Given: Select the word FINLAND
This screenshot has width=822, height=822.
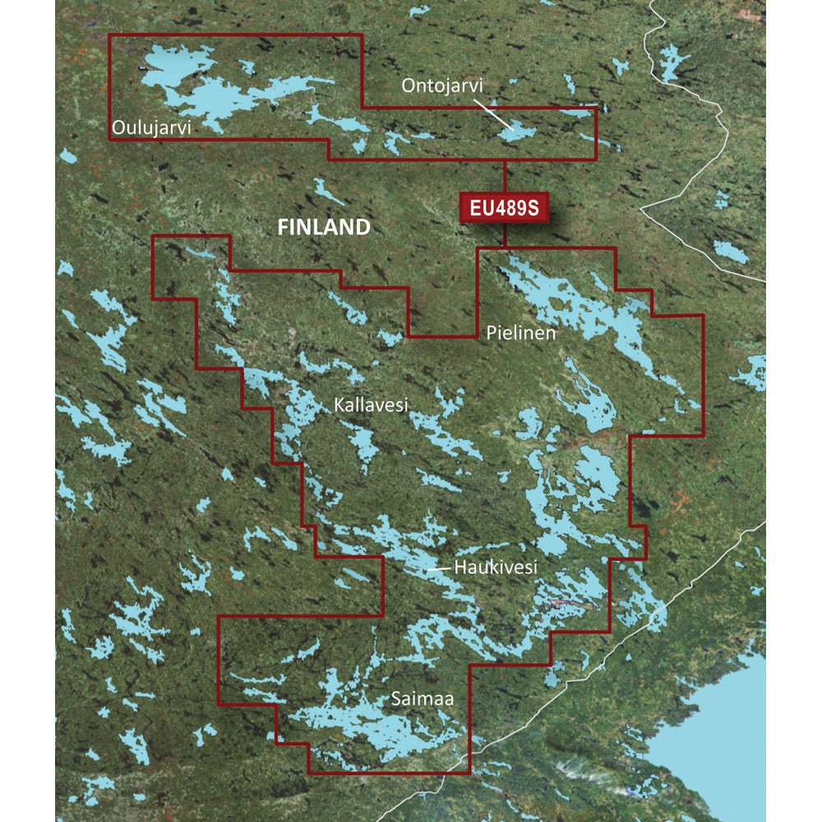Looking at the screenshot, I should tap(324, 228).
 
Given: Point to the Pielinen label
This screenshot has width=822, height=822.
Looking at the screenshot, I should tap(521, 334).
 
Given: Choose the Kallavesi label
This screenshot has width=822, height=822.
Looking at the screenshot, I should tap(371, 404).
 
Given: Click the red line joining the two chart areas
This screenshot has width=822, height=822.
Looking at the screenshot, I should tap(505, 176).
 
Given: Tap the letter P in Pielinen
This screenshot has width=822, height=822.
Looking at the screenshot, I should tap(491, 334).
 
